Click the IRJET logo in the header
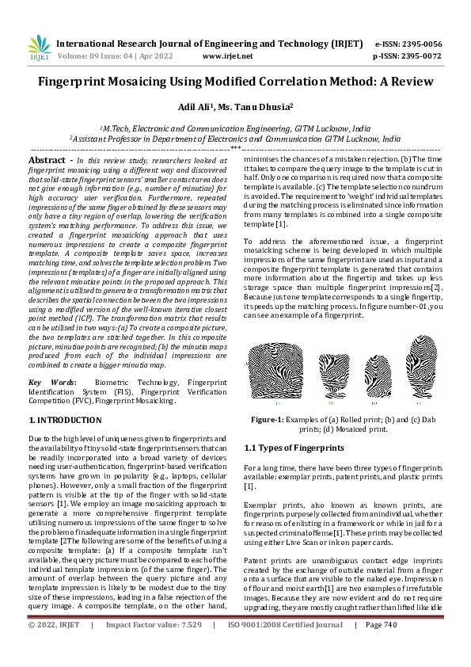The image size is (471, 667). coord(39,50)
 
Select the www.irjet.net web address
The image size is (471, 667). coord(228,56)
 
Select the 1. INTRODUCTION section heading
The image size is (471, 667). coord(64,420)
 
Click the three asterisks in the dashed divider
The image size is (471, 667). coord(235,148)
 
